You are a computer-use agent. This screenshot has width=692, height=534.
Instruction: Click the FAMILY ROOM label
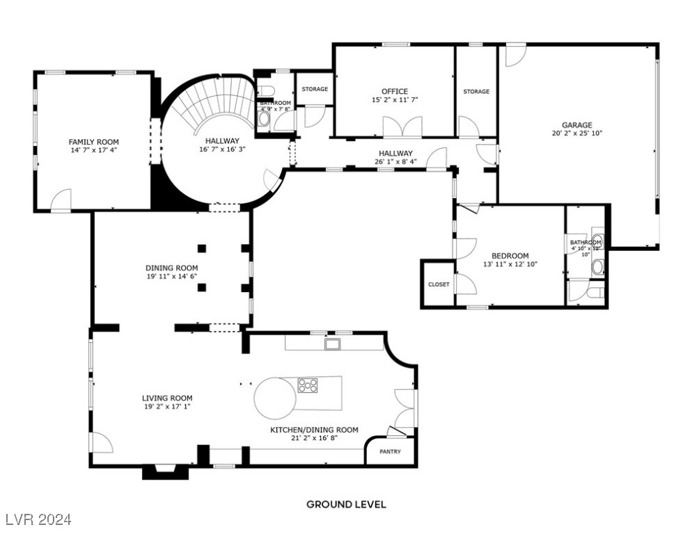pos(93,142)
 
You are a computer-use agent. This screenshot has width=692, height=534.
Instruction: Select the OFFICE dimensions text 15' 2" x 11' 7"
pos(394,100)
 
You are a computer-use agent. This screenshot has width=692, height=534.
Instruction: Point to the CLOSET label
pos(439,284)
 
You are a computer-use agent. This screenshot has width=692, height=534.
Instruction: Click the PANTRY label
pos(390,452)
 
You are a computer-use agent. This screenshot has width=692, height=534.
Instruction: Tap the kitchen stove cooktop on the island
pos(308,385)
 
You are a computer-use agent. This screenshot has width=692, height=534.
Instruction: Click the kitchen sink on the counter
pos(333,343)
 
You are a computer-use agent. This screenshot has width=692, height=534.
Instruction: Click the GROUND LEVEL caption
pos(346,504)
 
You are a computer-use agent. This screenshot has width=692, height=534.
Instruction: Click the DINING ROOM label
pos(171,268)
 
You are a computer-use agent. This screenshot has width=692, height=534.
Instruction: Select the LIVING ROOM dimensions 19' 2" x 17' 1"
pos(167,407)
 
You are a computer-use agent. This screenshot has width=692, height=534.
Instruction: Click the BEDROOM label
pos(510,256)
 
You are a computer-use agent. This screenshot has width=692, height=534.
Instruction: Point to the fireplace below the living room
pos(165,471)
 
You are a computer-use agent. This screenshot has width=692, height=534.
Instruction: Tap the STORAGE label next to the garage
pos(476,92)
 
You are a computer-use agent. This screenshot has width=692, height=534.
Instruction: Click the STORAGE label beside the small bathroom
pos(315,89)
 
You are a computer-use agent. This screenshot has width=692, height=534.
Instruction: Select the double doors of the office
pos(402,127)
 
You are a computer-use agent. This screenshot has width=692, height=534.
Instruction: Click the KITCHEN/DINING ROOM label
pos(314,430)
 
